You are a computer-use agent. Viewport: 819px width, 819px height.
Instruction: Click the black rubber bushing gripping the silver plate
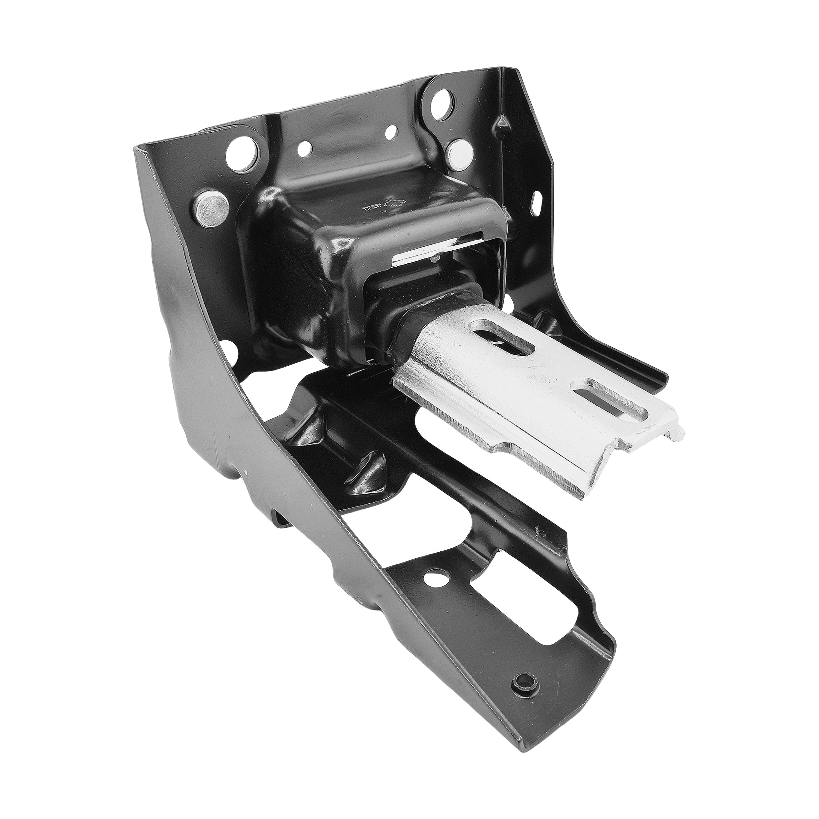pos(407,335)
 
